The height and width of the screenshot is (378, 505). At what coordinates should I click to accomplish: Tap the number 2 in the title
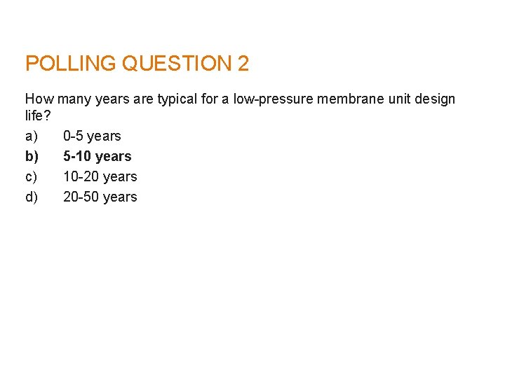(x=243, y=64)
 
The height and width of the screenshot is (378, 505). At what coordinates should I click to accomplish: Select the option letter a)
(x=32, y=136)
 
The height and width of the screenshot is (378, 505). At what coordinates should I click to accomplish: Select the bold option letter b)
(x=32, y=156)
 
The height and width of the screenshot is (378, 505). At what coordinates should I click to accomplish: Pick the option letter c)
(x=32, y=176)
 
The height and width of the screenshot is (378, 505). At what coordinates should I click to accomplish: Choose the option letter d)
(x=32, y=197)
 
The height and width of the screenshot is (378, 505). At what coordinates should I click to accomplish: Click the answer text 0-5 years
(x=92, y=136)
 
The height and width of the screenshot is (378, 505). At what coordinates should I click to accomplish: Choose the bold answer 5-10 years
(x=97, y=156)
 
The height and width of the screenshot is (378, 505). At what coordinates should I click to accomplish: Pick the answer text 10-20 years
(x=100, y=176)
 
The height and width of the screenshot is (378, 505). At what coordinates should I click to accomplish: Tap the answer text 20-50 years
(x=100, y=197)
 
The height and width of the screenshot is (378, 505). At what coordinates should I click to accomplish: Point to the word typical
(x=178, y=99)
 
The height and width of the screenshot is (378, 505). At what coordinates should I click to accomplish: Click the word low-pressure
(x=275, y=99)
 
